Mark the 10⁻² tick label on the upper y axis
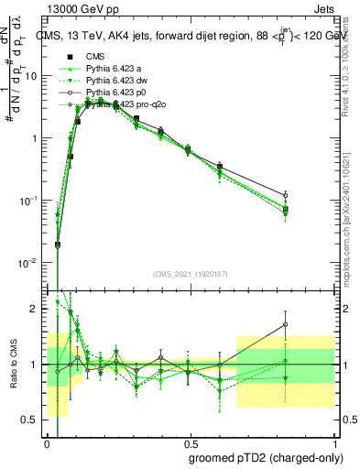(29, 263)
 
